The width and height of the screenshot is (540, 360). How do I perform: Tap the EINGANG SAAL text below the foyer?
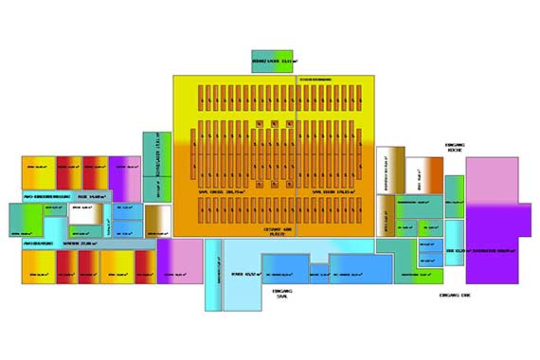280,294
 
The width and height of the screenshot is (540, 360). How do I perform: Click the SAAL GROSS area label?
218,190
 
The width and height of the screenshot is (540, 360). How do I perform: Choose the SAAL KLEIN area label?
332,190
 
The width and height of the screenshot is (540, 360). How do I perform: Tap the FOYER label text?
248,274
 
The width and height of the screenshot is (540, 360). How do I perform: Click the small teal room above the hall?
274,61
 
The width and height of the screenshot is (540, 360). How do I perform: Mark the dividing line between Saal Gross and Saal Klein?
297,152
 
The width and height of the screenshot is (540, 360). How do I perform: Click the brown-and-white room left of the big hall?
157,219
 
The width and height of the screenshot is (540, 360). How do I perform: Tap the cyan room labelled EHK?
454,250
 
